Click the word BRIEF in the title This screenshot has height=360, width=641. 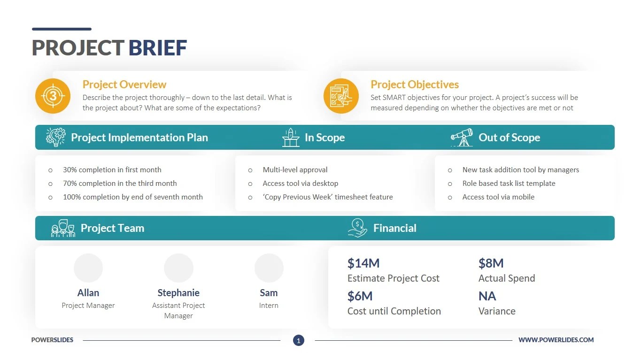(x=158, y=48)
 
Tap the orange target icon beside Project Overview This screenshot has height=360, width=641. (x=53, y=96)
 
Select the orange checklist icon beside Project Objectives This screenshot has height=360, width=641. (x=341, y=96)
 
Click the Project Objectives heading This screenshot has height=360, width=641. (x=415, y=84)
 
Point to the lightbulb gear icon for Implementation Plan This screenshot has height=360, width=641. (x=56, y=137)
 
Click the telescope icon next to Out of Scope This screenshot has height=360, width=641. (x=462, y=137)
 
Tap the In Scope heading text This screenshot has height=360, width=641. (x=324, y=138)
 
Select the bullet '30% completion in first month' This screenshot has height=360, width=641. (x=112, y=170)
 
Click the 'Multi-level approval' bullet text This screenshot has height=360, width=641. (x=295, y=170)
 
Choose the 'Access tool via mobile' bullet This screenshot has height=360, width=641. (x=498, y=197)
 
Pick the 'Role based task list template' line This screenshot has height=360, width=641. (x=509, y=184)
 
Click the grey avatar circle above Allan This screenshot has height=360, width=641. (x=88, y=268)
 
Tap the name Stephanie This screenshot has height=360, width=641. (x=178, y=293)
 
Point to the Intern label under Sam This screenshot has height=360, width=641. (x=269, y=306)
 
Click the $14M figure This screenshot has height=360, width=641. (x=363, y=263)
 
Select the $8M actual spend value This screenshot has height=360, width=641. (x=491, y=263)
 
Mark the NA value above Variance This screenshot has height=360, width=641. (x=487, y=296)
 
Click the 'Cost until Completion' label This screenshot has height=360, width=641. (x=394, y=311)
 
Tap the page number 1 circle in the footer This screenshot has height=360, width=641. (x=299, y=340)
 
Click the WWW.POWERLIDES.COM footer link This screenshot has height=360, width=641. (x=556, y=340)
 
